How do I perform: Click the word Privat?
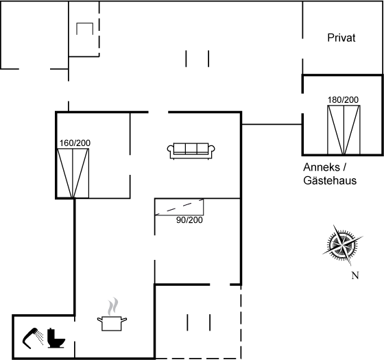pos(341,38)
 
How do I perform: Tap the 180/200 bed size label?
pos(343,100)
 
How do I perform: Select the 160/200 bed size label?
pos(75,143)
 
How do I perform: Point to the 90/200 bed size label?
pos(189,220)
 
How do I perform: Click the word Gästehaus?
pos(330,181)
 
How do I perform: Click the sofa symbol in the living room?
pos(191,151)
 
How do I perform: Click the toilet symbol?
pos(56,338)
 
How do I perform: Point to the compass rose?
pos(342,245)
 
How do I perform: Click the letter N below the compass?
pos(355,276)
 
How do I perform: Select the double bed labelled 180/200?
pos(344,130)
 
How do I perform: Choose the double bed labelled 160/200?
pos(73,173)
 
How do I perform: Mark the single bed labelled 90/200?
pos(179,207)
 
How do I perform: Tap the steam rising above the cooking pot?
pos(113,306)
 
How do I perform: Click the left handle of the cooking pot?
pos(99,319)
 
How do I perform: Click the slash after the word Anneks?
pos(344,167)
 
